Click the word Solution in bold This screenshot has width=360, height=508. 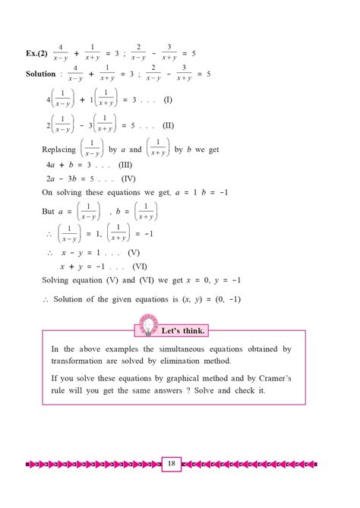40,74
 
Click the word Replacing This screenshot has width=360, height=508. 60,150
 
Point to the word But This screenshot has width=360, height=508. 49,212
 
